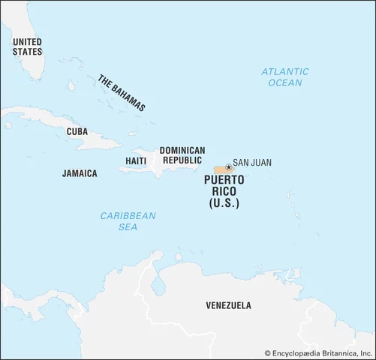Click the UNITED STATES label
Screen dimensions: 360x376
(x=27, y=46)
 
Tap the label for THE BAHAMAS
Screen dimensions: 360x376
(x=121, y=92)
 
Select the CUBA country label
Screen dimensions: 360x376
(x=77, y=131)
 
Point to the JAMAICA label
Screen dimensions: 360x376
(x=79, y=173)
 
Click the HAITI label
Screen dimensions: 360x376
(x=136, y=161)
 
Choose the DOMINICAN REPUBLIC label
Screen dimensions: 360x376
(x=181, y=155)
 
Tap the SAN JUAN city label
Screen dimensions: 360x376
(x=252, y=162)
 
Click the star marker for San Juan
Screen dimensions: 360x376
(x=228, y=167)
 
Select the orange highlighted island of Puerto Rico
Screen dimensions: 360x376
(x=222, y=170)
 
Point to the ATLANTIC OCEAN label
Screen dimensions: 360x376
(x=284, y=76)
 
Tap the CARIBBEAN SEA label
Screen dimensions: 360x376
(x=128, y=220)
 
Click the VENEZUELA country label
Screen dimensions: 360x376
(x=228, y=305)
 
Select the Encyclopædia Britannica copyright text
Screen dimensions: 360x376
(x=319, y=352)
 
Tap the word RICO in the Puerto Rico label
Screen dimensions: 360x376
(x=221, y=192)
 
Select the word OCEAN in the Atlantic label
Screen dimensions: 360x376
(x=284, y=82)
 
